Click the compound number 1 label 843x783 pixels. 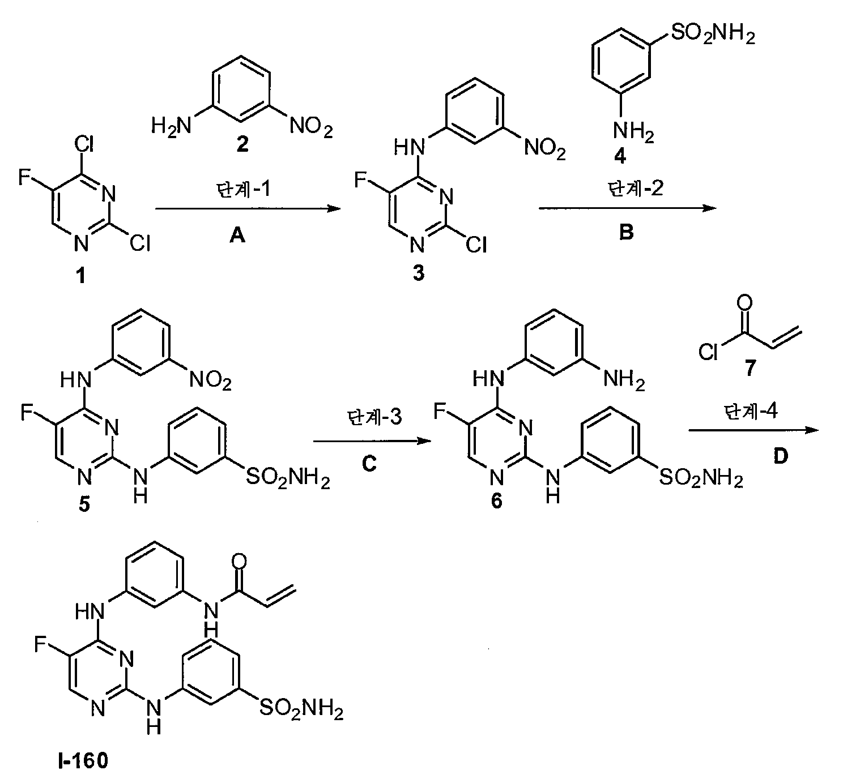coord(80,276)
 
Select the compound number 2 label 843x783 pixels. coord(242,144)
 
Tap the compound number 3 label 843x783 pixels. coord(419,273)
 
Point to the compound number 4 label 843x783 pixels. coord(620,156)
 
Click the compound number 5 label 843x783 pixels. coord(84,504)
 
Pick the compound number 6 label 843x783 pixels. coord(497,501)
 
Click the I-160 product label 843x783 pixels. coord(83,760)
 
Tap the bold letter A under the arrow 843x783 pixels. coord(237,234)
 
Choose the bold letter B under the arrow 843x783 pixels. coord(627,232)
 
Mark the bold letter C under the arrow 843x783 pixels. coord(369,464)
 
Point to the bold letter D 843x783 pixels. coord(780,456)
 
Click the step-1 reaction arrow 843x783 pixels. coord(248,208)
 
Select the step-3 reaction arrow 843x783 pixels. coord(372,442)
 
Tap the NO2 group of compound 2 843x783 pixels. coord(311,126)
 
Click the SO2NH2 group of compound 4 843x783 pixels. coord(713,33)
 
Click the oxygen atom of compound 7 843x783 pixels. coord(744,302)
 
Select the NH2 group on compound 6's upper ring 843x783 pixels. coord(624,378)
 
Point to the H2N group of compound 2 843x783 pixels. coord(172,126)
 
